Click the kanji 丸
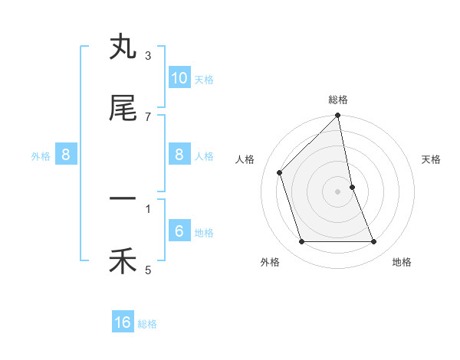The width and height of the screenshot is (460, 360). pos(123,48)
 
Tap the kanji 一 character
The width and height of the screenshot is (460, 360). pos(123,199)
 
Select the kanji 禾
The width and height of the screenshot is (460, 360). pos(123,262)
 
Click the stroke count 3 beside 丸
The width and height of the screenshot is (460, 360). pos(148,56)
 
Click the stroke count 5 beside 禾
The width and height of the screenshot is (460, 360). pos(148,270)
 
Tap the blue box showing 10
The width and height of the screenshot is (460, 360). pos(179,77)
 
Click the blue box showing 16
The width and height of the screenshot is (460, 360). pos(123,322)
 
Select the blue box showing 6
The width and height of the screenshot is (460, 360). pos(179,231)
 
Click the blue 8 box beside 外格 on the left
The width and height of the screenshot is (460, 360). pos(66,155)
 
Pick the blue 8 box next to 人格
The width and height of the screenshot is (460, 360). pos(179,155)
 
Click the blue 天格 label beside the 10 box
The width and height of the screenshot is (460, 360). pos(204,80)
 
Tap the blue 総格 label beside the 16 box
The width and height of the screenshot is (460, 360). pos(147,325)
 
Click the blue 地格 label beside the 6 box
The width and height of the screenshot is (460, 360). pos(204,233)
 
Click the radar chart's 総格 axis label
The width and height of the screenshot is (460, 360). pos(338,100)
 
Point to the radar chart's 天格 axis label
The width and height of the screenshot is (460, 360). pos(432,159)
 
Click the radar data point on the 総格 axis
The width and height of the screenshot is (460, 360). pos(338,116)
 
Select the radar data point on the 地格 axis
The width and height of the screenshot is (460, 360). pos(374,242)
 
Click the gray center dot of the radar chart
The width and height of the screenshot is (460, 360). pos(338,191)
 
